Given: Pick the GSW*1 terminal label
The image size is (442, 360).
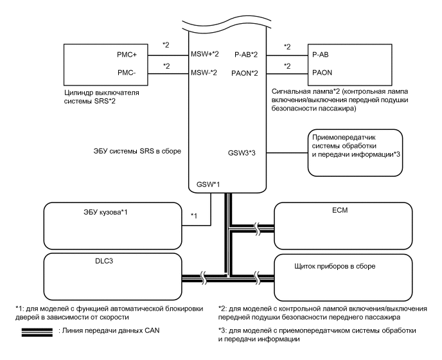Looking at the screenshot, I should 209,185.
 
